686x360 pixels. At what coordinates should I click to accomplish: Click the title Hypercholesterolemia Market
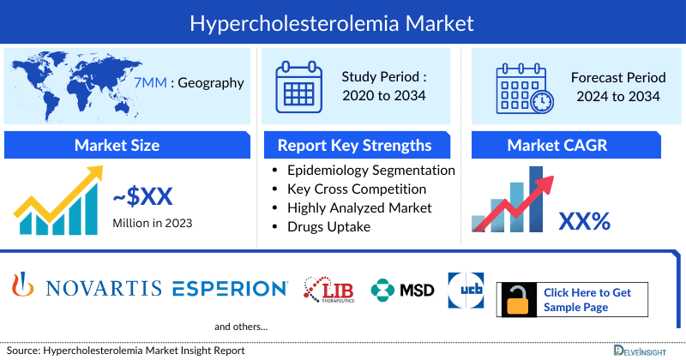(343, 23)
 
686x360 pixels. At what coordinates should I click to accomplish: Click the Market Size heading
(117, 145)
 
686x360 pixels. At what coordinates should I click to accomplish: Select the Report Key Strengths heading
(354, 145)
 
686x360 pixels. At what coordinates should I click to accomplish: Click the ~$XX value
(142, 198)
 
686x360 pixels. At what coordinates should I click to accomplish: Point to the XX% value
(584, 221)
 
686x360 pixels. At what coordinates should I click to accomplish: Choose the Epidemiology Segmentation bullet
(371, 170)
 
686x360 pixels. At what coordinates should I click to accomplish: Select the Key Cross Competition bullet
(357, 189)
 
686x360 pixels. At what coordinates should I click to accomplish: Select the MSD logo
(403, 291)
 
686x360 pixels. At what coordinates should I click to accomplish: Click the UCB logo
(465, 290)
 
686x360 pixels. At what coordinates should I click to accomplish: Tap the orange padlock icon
(518, 301)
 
